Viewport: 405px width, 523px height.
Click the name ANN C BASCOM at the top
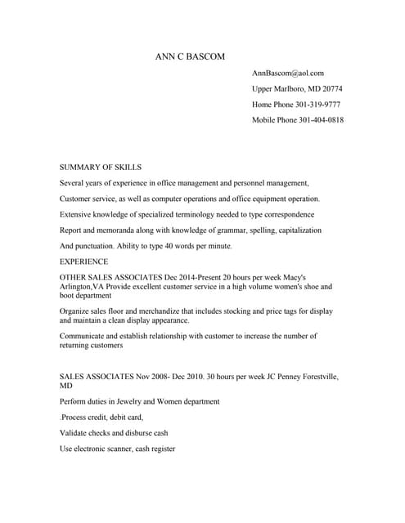point(189,56)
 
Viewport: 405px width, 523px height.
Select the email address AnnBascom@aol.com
point(288,74)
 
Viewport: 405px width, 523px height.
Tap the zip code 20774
point(331,88)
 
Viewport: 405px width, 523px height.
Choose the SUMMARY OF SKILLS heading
point(101,166)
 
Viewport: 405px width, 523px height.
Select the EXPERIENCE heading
point(84,261)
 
